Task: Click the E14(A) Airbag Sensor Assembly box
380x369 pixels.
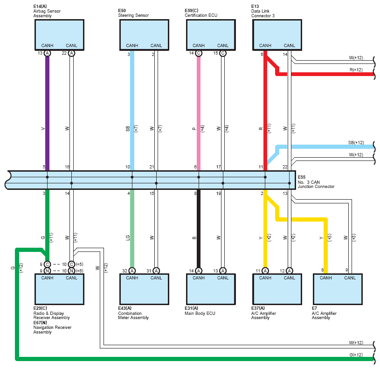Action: [59, 35]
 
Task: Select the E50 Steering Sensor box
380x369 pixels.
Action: [144, 35]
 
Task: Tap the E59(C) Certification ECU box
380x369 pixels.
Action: [211, 35]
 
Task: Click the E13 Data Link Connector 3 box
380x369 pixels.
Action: [277, 35]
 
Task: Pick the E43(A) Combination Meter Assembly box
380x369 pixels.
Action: [144, 289]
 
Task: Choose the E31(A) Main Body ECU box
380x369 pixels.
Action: [211, 289]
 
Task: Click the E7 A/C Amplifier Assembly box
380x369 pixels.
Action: [338, 289]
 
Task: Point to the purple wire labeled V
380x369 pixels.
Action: [47, 113]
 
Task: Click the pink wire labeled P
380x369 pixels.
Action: [199, 113]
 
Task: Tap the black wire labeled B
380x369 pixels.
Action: [199, 229]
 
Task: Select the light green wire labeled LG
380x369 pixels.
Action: [132, 229]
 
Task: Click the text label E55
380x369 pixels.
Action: [302, 177]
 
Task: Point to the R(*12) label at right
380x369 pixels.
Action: [356, 70]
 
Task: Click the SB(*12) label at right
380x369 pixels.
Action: [356, 143]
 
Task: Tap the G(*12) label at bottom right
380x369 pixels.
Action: [356, 355]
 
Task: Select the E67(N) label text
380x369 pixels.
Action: [40, 323]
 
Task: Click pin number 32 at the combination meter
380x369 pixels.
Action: [125, 271]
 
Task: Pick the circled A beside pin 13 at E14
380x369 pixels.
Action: [47, 53]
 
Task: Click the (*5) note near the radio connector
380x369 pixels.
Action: [79, 264]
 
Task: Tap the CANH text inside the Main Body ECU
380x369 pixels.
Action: [199, 278]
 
